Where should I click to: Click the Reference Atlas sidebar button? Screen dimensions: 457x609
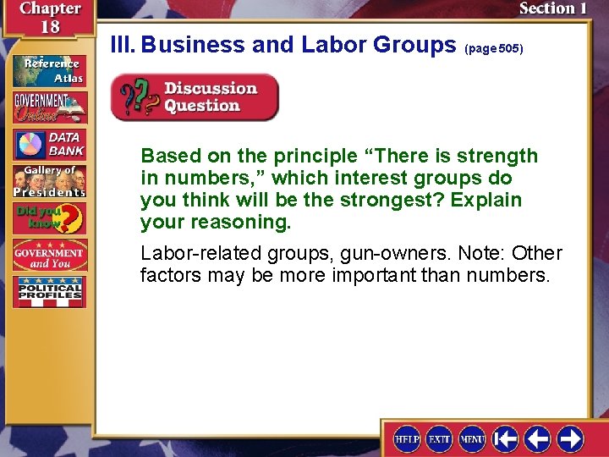pos(49,69)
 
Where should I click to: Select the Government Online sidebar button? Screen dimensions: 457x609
pos(49,107)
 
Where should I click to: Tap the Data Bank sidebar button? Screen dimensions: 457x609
pos(49,145)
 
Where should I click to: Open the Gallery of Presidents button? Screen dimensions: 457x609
pos(49,181)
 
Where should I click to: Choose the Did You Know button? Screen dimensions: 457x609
pos(49,218)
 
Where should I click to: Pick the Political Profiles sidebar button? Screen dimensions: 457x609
pos(49,292)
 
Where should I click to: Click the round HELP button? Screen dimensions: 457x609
pos(407,438)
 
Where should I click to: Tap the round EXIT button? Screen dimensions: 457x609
pos(439,438)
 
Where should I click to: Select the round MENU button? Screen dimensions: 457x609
pos(472,438)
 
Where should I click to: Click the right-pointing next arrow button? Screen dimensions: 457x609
pos(570,438)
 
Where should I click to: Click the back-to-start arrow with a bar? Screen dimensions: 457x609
pos(506,438)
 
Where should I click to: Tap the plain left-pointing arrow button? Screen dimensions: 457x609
pos(538,438)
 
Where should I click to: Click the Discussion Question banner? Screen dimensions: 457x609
pos(195,97)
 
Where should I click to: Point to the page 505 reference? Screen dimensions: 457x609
pos(494,49)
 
